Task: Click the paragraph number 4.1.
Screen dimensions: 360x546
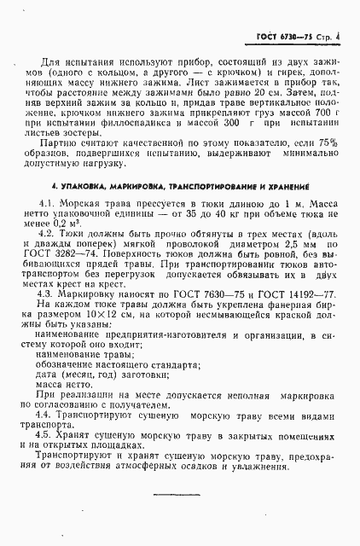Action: [49, 229]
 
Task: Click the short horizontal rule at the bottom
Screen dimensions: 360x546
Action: [178, 497]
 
